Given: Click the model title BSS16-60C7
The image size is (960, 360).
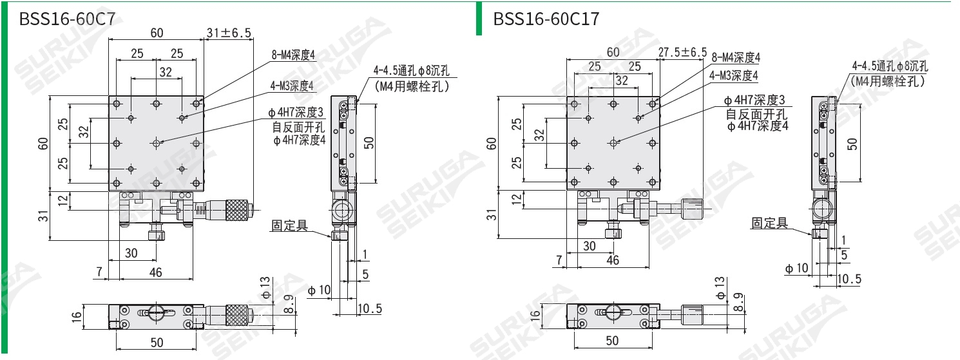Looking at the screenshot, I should point(68,18).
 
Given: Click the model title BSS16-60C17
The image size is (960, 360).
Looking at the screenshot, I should point(546,19).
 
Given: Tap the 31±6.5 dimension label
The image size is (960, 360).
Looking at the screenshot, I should point(229,33).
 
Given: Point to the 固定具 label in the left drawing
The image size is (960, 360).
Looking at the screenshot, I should point(289,225).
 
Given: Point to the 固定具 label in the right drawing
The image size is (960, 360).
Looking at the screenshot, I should point(769,223).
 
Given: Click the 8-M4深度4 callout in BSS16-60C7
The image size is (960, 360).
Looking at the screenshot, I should point(293,55).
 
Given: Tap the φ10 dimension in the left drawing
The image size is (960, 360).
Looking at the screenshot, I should point(319,290).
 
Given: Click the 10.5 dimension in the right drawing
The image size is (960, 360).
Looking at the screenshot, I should point(849,278).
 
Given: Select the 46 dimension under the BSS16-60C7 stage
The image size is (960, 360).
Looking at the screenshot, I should point(155,272).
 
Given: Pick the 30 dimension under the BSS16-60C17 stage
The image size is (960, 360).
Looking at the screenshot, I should point(589,246).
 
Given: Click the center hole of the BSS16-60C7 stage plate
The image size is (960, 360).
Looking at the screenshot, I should point(157,142).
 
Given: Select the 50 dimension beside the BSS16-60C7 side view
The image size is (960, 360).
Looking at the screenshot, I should point(369,142).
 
